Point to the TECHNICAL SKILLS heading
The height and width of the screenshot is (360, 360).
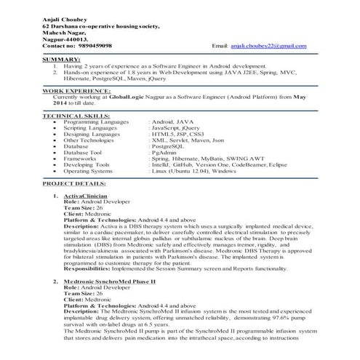click(74, 115)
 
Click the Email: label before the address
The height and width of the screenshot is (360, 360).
click(220, 45)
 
